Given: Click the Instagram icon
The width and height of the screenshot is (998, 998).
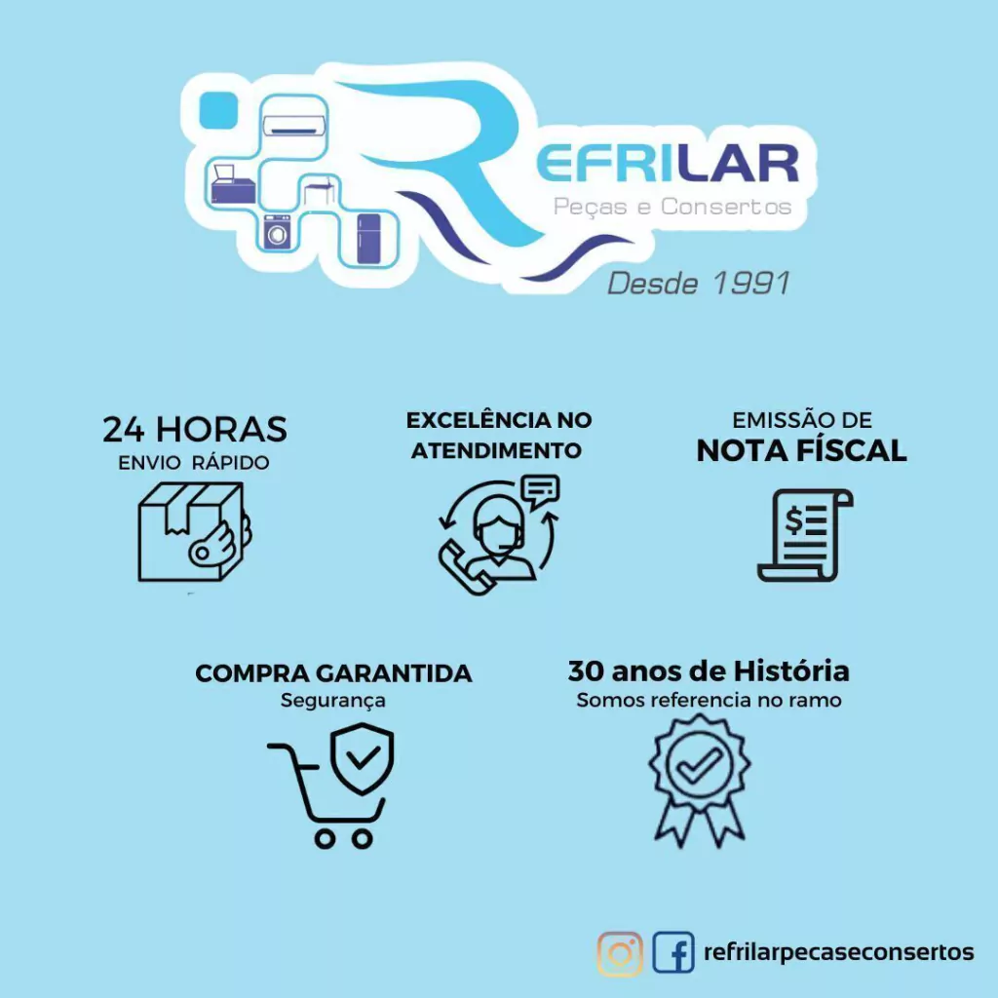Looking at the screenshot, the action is coord(619,953).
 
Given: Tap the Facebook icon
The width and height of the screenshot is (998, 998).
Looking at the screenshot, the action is coord(672,952).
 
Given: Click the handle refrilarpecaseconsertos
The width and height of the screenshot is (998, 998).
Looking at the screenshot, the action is coord(838,952).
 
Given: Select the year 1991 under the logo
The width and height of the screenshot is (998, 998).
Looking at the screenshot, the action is coord(751,284).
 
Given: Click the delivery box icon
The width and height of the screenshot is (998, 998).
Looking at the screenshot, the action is coord(193,532).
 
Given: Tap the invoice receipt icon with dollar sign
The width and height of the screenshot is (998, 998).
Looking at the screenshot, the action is coord(805,535).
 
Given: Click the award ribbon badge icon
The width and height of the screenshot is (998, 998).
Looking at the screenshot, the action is coord(700,781).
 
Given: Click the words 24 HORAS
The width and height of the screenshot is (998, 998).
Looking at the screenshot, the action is coord(195,430).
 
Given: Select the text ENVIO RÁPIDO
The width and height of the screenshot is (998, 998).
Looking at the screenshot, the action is coord(194,463).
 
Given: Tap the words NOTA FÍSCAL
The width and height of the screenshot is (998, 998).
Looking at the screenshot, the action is coord(801,450).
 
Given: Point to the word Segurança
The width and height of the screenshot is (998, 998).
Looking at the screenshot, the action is coord(333,701).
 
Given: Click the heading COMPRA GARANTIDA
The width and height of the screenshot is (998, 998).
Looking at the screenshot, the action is coord(333,673).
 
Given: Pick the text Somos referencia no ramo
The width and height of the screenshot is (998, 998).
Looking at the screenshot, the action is coord(710,700).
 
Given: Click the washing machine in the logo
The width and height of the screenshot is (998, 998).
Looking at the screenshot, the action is coord(277,232).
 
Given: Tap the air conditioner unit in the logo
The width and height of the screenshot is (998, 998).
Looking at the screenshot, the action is coord(294,124).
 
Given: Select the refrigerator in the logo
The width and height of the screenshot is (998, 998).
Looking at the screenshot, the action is coord(368,239).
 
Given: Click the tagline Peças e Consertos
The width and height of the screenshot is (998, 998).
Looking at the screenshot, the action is coord(672,207).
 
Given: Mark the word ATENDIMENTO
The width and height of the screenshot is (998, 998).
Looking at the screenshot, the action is coord(496,450).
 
